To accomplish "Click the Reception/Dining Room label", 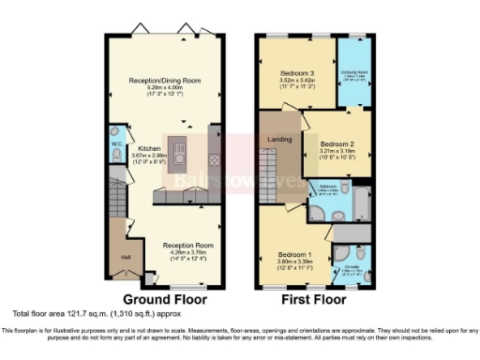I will tap(165, 81).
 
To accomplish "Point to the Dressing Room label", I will tap(352, 76).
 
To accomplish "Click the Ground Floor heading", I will tap(163, 300).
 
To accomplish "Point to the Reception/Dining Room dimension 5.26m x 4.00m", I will tap(165, 88).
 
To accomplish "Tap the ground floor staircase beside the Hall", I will tap(117, 202).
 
